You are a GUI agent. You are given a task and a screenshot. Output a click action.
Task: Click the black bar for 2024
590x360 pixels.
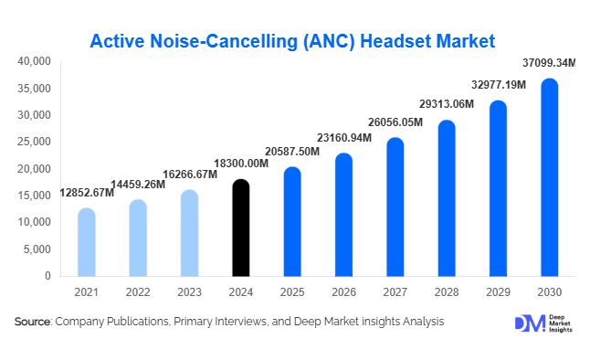click(x=240, y=228)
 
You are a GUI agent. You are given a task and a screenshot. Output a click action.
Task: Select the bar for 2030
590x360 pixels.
click(x=549, y=177)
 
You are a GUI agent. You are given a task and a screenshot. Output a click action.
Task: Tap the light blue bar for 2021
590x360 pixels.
click(x=86, y=242)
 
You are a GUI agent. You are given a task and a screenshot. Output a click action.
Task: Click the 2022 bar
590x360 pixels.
click(x=137, y=238)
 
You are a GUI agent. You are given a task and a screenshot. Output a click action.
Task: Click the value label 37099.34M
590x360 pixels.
click(x=549, y=63)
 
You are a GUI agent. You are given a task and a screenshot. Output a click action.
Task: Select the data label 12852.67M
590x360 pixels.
click(x=87, y=193)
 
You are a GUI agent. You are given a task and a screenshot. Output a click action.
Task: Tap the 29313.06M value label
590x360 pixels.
click(x=446, y=104)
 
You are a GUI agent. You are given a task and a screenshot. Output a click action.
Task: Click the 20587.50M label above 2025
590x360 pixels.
click(x=291, y=151)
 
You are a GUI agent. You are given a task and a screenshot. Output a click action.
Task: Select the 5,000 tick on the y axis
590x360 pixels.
click(x=37, y=249)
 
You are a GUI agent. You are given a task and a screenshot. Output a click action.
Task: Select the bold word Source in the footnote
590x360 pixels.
click(x=32, y=322)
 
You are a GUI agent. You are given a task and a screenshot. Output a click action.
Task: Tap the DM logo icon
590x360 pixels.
click(x=529, y=323)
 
